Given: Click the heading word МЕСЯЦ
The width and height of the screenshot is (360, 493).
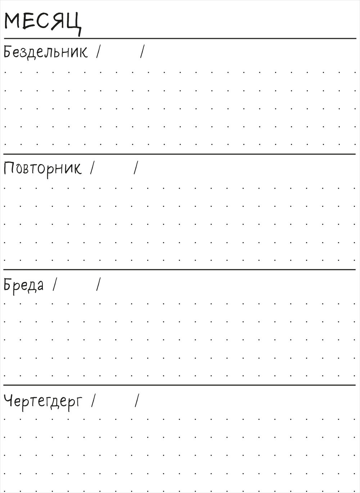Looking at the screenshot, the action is pyautogui.click(x=43, y=23).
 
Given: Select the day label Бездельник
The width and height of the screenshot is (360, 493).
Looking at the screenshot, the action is pyautogui.click(x=46, y=53).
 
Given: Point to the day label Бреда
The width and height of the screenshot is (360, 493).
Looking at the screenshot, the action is pyautogui.click(x=23, y=286).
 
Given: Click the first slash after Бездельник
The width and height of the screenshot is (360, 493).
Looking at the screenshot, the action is pyautogui.click(x=98, y=51).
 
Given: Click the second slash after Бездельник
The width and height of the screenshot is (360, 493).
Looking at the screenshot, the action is pyautogui.click(x=143, y=51).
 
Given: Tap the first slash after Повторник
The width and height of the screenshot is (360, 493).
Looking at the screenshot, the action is pyautogui.click(x=92, y=168).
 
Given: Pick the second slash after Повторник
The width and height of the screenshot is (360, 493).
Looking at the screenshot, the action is pyautogui.click(x=136, y=168).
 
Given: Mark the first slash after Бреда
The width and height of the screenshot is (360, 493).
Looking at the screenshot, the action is pyautogui.click(x=55, y=284).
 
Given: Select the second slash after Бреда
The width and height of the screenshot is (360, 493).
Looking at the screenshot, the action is pyautogui.click(x=98, y=284).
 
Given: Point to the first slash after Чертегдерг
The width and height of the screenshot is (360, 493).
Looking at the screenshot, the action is pyautogui.click(x=93, y=400).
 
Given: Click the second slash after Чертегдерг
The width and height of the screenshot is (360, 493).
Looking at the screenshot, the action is pyautogui.click(x=137, y=400).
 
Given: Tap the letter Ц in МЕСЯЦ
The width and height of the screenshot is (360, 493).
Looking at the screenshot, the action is pyautogui.click(x=74, y=24).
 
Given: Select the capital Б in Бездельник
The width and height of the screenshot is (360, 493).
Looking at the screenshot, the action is pyautogui.click(x=8, y=52).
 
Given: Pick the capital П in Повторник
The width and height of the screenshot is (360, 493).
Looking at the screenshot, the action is pyautogui.click(x=8, y=168).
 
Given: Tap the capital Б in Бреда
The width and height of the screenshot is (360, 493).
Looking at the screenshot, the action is pyautogui.click(x=8, y=284).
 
